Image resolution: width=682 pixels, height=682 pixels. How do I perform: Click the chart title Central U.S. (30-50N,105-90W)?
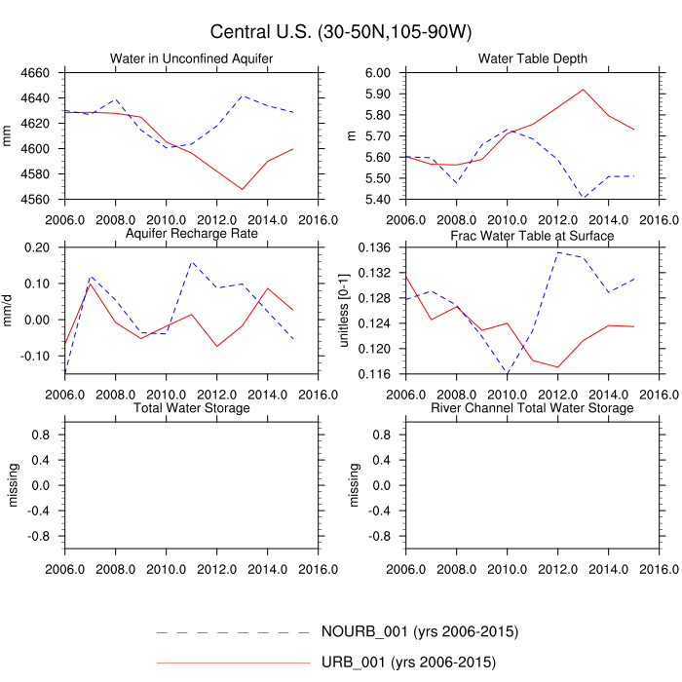click(x=341, y=33)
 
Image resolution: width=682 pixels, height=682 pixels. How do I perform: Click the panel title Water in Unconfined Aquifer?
click(x=192, y=58)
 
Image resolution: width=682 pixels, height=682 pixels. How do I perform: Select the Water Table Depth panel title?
click(x=532, y=58)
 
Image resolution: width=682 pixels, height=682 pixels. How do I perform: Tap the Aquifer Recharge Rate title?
click(x=192, y=235)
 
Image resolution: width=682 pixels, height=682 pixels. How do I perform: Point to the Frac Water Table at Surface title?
click(x=532, y=235)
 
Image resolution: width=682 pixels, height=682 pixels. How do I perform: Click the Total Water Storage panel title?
click(x=192, y=407)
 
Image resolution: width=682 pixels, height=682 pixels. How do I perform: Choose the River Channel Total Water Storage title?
click(x=532, y=407)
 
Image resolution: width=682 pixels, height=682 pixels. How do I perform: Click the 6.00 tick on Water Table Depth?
click(x=378, y=73)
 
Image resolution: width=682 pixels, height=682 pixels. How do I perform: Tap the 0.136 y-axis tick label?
click(x=374, y=247)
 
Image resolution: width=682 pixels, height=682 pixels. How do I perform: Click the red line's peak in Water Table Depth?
click(x=583, y=90)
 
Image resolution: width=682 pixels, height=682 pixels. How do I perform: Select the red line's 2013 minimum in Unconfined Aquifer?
click(x=242, y=189)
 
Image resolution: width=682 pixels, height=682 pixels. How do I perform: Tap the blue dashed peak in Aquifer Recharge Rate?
click(x=191, y=262)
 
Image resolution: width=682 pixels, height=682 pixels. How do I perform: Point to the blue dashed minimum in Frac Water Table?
click(x=507, y=373)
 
